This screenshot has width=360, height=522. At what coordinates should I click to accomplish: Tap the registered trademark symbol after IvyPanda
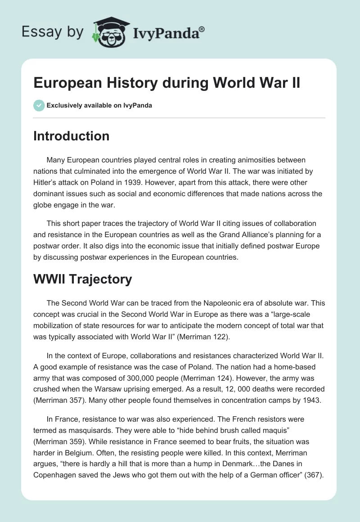pos(202,29)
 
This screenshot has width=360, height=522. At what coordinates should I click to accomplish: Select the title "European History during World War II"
pos(166,83)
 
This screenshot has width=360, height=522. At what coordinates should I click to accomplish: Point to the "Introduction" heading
pos(71,136)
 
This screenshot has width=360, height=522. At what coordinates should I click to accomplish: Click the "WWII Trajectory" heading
pos(82,279)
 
